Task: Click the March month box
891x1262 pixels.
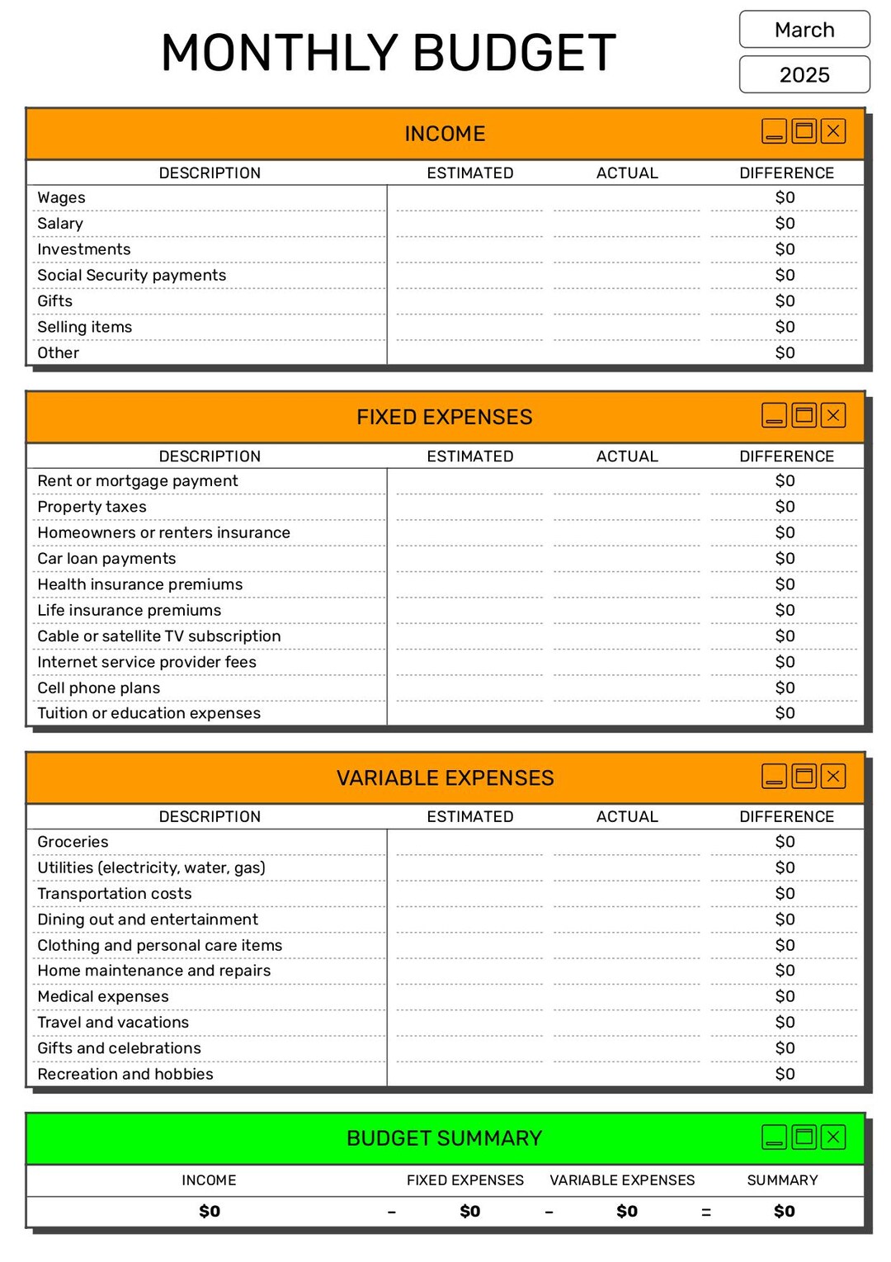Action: click(x=804, y=30)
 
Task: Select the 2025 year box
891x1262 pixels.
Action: click(x=804, y=75)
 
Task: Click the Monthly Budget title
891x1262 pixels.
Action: click(x=389, y=53)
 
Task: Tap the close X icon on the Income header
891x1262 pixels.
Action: click(x=833, y=131)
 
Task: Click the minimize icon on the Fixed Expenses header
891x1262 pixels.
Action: click(x=774, y=415)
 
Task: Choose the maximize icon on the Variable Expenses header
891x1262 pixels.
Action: click(x=804, y=776)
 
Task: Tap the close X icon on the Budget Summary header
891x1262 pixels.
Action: click(x=833, y=1137)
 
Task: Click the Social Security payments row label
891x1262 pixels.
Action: click(x=131, y=275)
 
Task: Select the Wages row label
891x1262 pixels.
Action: click(x=61, y=197)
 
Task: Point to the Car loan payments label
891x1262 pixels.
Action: click(x=106, y=558)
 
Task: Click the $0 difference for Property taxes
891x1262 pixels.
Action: click(x=785, y=507)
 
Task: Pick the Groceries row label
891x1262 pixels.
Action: click(x=73, y=842)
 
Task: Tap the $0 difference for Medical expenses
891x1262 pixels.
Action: click(x=785, y=996)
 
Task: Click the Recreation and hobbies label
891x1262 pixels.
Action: click(x=125, y=1074)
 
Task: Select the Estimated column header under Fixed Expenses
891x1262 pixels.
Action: click(x=469, y=456)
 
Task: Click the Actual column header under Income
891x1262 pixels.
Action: click(x=627, y=173)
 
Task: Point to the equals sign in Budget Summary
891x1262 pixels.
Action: click(x=705, y=1212)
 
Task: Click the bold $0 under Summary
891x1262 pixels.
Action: click(x=784, y=1211)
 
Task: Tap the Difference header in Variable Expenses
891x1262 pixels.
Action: click(x=786, y=816)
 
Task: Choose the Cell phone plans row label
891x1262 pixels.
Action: click(x=99, y=688)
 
